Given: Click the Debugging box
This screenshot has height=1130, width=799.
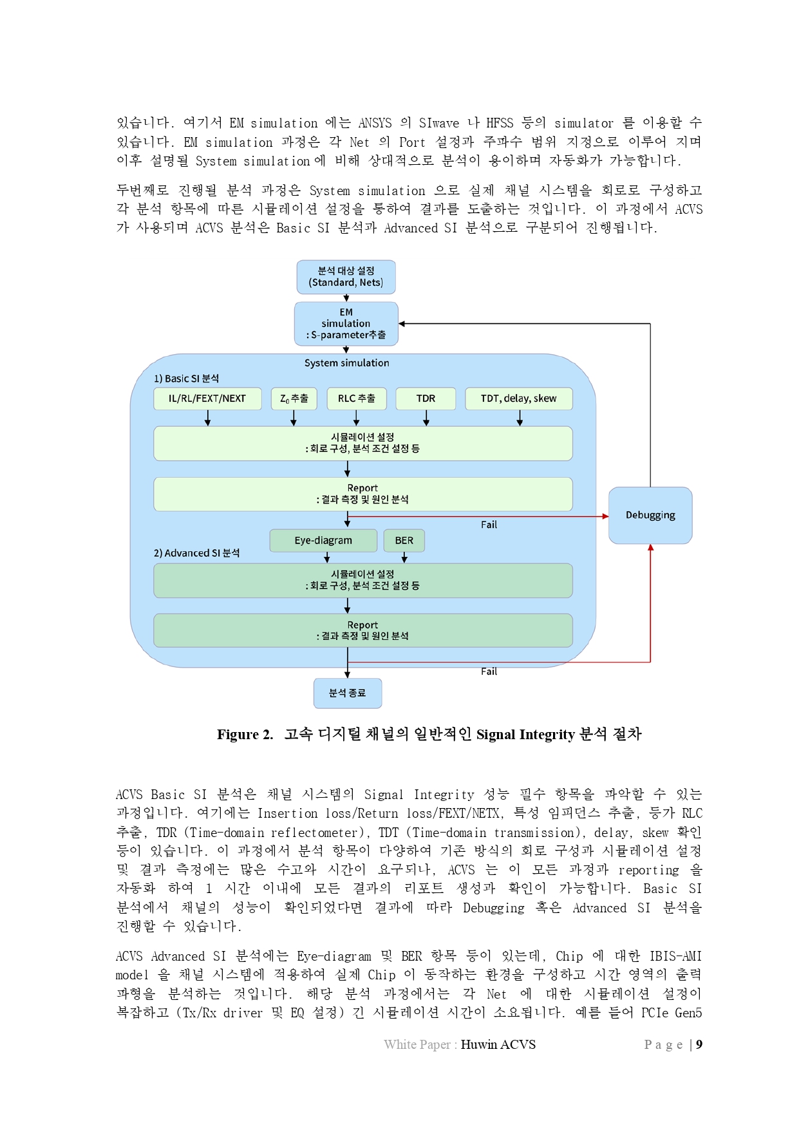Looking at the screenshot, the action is click(650, 515).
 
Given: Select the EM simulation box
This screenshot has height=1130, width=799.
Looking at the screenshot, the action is click(346, 323).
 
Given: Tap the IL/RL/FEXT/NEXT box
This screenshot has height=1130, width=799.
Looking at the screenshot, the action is click(207, 399).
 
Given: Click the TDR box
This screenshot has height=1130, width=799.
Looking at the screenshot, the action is click(426, 399).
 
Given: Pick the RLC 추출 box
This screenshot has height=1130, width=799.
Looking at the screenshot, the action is click(357, 399).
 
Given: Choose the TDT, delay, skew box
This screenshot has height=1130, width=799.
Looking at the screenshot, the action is click(518, 399).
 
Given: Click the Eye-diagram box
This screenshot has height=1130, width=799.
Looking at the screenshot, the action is click(323, 540).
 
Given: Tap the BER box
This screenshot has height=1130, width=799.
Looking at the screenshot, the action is click(404, 540).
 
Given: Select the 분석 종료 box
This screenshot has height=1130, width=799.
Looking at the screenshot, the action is click(348, 693).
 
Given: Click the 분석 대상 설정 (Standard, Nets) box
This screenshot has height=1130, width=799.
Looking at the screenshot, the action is click(346, 277).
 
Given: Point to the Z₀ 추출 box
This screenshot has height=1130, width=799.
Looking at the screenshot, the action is click(294, 399).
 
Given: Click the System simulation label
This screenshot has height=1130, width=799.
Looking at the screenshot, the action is click(347, 363).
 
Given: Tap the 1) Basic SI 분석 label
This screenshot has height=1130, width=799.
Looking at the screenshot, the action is click(186, 379).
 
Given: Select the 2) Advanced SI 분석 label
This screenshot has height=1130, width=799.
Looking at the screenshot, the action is click(196, 553).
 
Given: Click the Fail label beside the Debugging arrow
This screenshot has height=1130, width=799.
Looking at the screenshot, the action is click(489, 525).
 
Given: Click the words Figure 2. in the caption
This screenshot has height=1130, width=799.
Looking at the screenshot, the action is click(245, 735).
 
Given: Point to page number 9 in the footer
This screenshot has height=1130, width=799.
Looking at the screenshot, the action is click(699, 1044).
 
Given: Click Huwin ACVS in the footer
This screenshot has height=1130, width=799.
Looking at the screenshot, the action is click(498, 1044).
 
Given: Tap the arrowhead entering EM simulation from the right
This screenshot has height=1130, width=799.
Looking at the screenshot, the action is click(402, 324).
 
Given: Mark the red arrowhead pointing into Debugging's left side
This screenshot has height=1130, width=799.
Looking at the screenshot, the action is click(605, 516).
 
